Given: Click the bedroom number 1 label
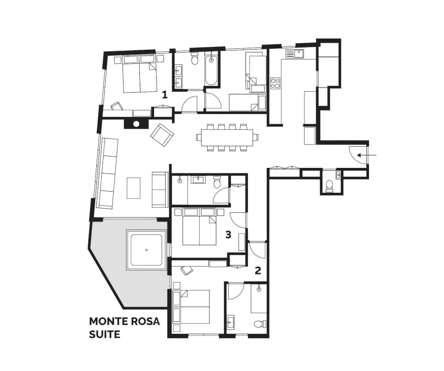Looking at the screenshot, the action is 165,94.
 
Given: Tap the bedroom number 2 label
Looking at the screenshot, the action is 258,271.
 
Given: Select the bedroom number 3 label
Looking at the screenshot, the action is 228,234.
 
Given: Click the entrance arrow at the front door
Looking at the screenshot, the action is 367,155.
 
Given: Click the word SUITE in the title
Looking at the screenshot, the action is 104,334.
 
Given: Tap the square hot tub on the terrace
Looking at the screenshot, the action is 147,250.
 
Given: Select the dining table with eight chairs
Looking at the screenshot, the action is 227,138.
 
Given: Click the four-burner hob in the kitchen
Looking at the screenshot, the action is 275,83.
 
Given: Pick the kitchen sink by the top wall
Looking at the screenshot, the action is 295,54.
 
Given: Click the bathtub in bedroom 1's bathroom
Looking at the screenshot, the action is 211,70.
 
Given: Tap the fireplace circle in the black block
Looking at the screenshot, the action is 136,124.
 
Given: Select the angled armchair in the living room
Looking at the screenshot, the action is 162,135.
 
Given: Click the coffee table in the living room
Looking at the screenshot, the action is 133,188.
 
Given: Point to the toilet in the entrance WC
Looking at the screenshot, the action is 329,185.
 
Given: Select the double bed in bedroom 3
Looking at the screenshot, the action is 200,227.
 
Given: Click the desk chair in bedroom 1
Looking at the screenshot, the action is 117,106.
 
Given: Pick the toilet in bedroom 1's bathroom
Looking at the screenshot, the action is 194,59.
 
